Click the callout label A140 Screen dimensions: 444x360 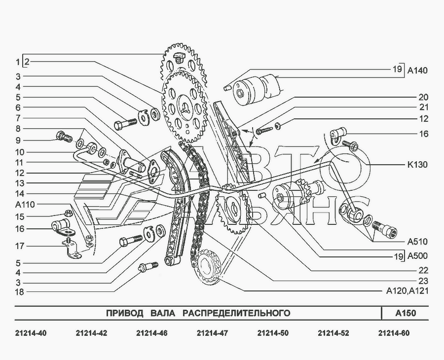pos(417,70)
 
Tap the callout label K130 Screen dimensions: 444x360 pos(417,164)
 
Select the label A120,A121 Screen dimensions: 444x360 pos(407,290)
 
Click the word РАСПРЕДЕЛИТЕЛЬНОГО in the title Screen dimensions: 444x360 pos(236,313)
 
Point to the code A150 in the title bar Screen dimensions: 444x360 pos(406,313)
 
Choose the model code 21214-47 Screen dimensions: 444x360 pos(212,333)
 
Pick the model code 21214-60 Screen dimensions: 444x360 pos(394,333)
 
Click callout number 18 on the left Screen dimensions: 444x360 pos(19,292)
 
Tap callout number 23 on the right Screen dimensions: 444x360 pos(424,281)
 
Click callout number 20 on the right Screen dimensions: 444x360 pos(424,97)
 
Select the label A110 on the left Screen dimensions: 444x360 pos(25,204)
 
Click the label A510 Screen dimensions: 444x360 pos(417,242)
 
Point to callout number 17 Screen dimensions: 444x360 pos(19,246)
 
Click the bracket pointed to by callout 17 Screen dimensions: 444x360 pos(72,249)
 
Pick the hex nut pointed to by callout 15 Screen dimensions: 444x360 pos(67,213)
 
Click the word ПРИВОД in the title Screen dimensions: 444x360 pos(125,313)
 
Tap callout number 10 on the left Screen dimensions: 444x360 pos(19,152)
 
